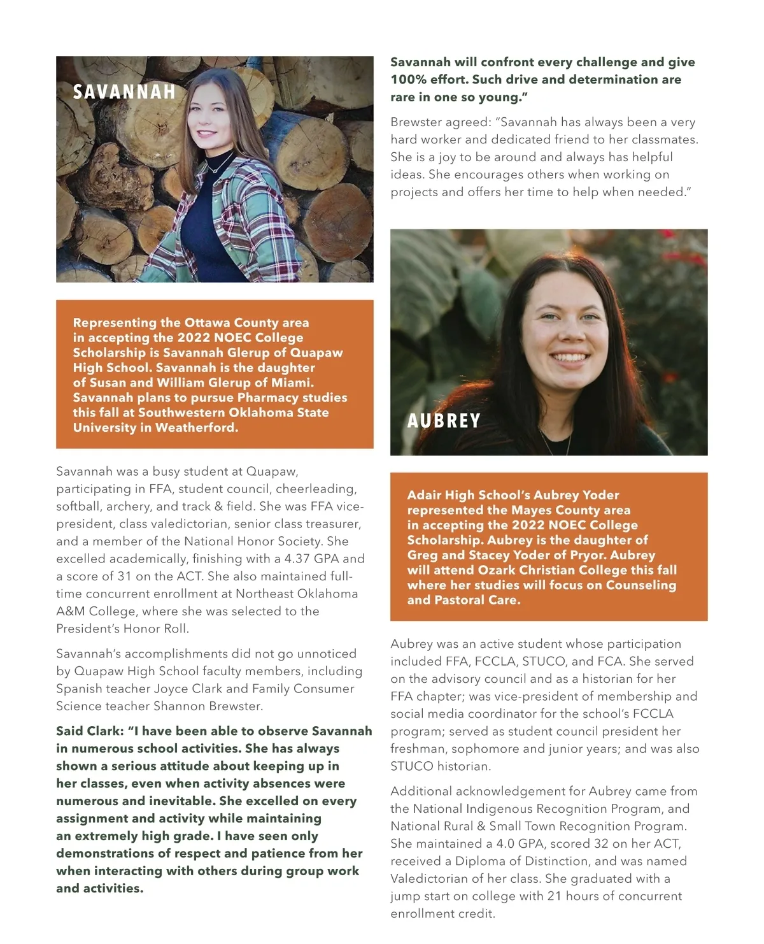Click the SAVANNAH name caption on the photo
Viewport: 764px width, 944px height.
(x=124, y=92)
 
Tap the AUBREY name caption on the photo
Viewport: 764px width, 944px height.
(x=444, y=421)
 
